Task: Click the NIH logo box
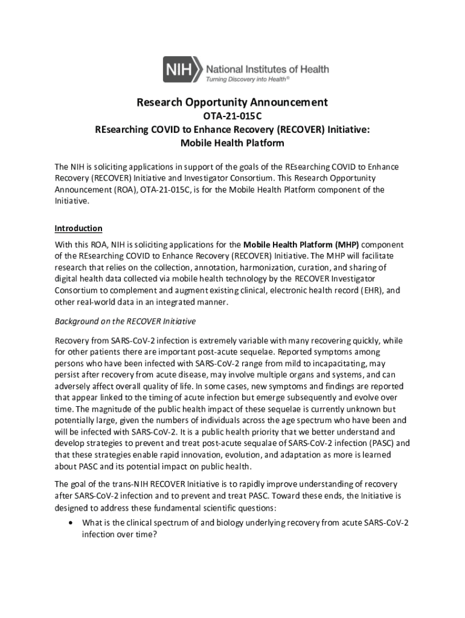point(182,69)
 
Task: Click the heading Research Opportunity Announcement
point(232,103)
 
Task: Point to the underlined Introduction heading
point(79,229)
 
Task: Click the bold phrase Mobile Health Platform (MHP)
point(301,245)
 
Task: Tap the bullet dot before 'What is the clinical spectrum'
point(72,523)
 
